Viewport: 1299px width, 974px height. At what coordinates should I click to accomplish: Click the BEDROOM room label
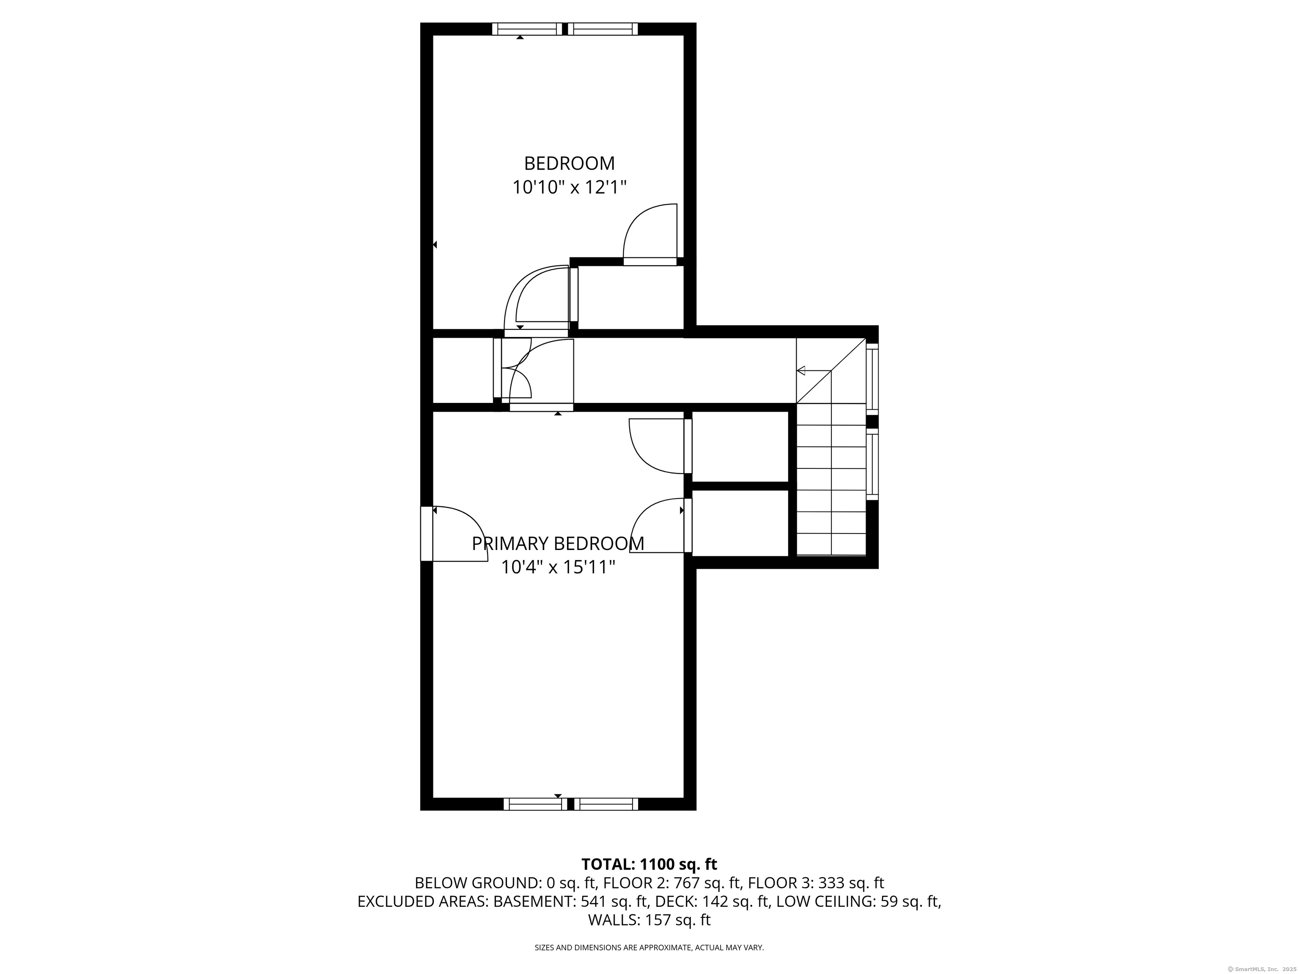(x=569, y=163)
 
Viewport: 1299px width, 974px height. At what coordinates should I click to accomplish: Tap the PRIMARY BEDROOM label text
(x=558, y=544)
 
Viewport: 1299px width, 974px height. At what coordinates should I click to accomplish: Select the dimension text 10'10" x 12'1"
(x=569, y=187)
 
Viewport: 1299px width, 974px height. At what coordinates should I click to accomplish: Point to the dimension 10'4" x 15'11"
(x=558, y=567)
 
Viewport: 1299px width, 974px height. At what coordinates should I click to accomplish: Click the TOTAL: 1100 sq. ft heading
(x=649, y=864)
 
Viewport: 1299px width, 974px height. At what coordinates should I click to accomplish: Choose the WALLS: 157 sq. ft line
(x=649, y=920)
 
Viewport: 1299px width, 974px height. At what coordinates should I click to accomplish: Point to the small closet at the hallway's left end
(x=463, y=370)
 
